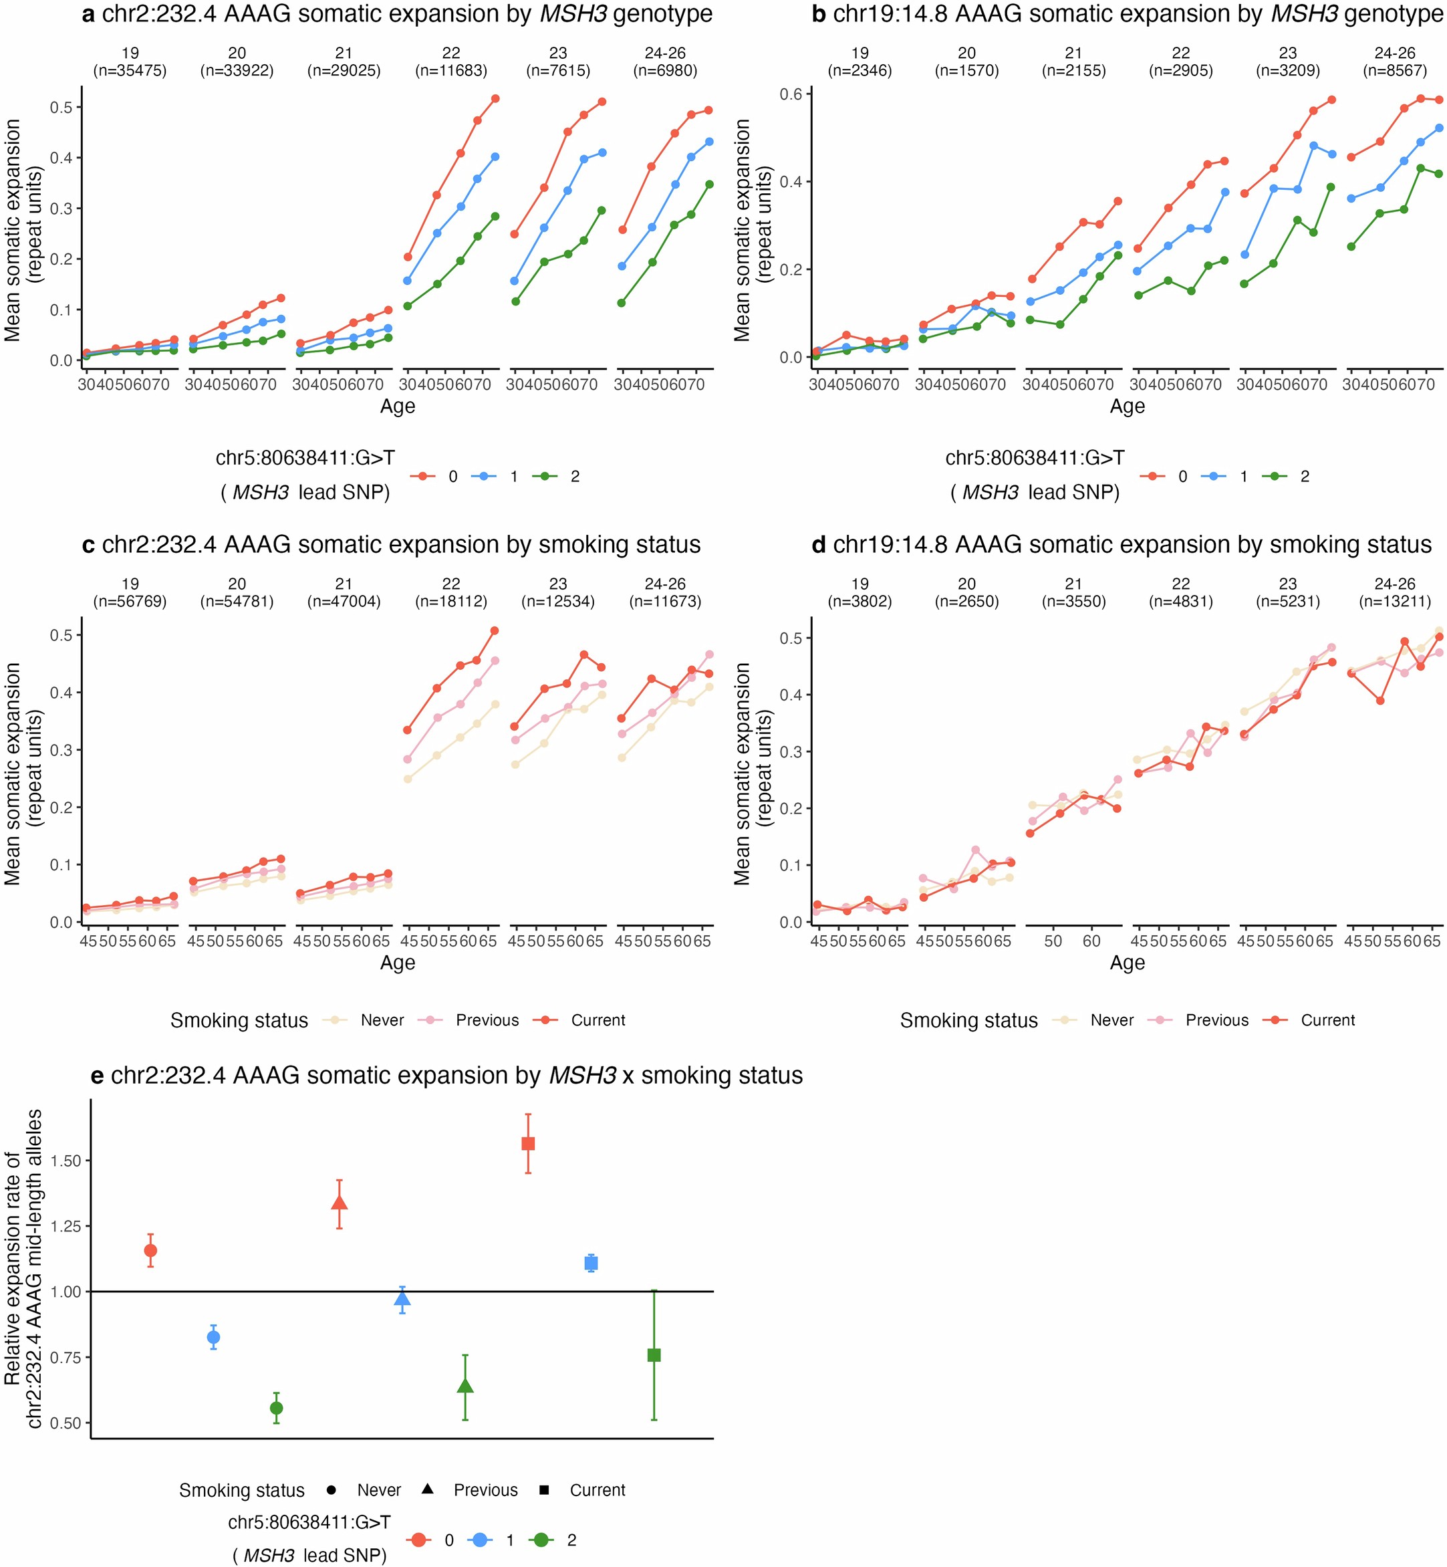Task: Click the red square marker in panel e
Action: [529, 1143]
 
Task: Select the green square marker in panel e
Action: [654, 1355]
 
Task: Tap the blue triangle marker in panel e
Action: [402, 1299]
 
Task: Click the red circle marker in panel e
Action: [150, 1251]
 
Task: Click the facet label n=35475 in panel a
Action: [130, 70]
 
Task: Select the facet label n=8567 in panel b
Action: [1395, 70]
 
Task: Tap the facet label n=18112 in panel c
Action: [451, 602]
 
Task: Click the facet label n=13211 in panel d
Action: [1395, 602]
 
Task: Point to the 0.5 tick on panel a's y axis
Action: [61, 107]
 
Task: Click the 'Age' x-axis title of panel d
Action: [1127, 963]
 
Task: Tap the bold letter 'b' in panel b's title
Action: [818, 14]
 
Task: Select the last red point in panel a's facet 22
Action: [495, 99]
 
